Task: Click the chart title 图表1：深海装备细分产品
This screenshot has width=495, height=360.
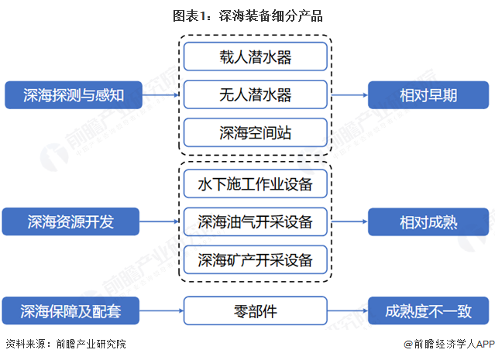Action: point(248,15)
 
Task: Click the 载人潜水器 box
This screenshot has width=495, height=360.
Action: point(255,57)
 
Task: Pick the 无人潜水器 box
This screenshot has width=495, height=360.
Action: point(255,95)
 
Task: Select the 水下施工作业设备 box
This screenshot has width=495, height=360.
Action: point(255,184)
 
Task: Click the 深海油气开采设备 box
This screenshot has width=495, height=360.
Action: point(255,222)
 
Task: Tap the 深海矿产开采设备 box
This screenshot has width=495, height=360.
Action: point(255,260)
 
